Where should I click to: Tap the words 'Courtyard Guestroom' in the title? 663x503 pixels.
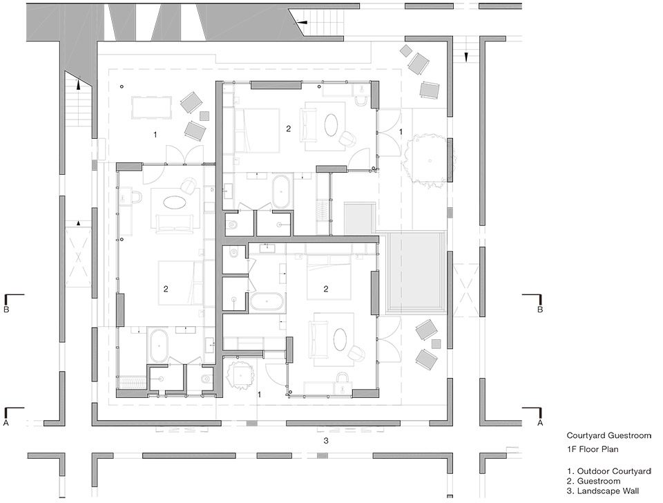click(609, 435)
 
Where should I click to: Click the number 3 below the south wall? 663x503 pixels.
click(325, 441)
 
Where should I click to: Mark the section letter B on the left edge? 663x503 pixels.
click(6, 310)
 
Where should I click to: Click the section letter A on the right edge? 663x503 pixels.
click(540, 422)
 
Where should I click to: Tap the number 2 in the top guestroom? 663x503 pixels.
click(289, 129)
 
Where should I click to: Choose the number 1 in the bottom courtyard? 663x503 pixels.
click(259, 395)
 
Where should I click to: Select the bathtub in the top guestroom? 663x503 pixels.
click(282, 191)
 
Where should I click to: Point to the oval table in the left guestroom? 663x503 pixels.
click(174, 202)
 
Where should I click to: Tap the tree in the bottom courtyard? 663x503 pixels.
click(240, 375)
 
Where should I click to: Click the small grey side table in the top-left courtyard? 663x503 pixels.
click(204, 116)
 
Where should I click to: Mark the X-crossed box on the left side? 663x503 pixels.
click(78, 257)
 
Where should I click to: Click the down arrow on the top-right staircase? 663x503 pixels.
click(466, 57)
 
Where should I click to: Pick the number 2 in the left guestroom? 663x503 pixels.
click(166, 289)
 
